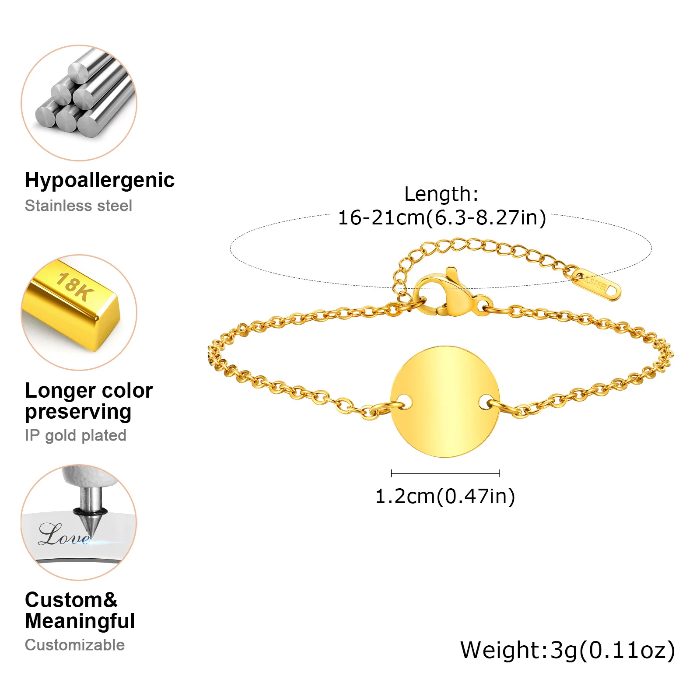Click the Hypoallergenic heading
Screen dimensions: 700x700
tap(99, 180)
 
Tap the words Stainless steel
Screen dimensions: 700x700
tap(78, 206)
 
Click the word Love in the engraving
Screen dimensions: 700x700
tap(63, 535)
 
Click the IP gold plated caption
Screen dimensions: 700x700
tap(75, 435)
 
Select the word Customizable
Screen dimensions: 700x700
tap(75, 645)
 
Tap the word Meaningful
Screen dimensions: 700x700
tap(80, 621)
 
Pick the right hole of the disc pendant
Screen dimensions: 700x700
tap(486, 402)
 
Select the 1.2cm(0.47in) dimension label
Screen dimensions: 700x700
tap(445, 496)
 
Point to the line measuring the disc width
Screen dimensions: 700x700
tap(445, 473)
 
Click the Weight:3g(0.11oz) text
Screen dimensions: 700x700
tap(567, 650)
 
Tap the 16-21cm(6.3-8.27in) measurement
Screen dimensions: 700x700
tap(442, 217)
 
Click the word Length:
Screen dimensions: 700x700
tap(441, 194)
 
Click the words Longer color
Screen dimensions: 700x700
tap(89, 391)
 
